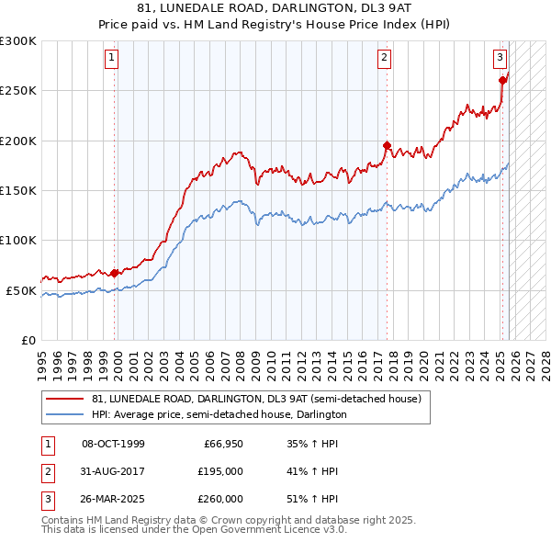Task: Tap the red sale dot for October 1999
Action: click(x=115, y=273)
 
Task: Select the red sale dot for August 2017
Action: click(x=387, y=145)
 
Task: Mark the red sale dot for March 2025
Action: click(x=502, y=80)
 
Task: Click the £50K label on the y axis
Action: click(x=21, y=290)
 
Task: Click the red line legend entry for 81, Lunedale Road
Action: click(x=256, y=400)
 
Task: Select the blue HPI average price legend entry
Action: click(x=219, y=415)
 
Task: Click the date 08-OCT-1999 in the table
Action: click(x=113, y=445)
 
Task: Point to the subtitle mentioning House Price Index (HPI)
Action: click(x=275, y=26)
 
